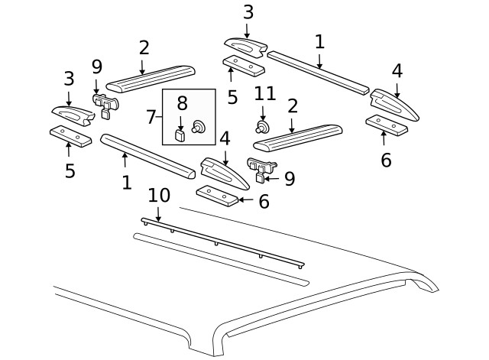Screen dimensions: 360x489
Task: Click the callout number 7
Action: point(151,117)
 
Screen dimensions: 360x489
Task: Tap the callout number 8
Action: point(182,103)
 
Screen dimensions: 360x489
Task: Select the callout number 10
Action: point(159,196)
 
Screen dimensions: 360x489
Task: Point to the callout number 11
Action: point(264,95)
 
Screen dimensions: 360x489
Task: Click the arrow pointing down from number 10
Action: point(158,216)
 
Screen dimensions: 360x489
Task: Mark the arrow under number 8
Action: point(182,121)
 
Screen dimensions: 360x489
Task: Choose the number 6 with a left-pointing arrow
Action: point(264,201)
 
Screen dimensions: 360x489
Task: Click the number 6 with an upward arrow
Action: point(386,160)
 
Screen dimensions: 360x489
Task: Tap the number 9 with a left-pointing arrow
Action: point(289,179)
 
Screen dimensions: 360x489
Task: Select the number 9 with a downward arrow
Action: point(96,67)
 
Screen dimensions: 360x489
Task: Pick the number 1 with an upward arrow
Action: point(126,182)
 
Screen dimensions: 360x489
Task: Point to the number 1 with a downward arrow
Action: point(319,42)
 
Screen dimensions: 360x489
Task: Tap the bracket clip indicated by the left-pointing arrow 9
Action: point(261,170)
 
